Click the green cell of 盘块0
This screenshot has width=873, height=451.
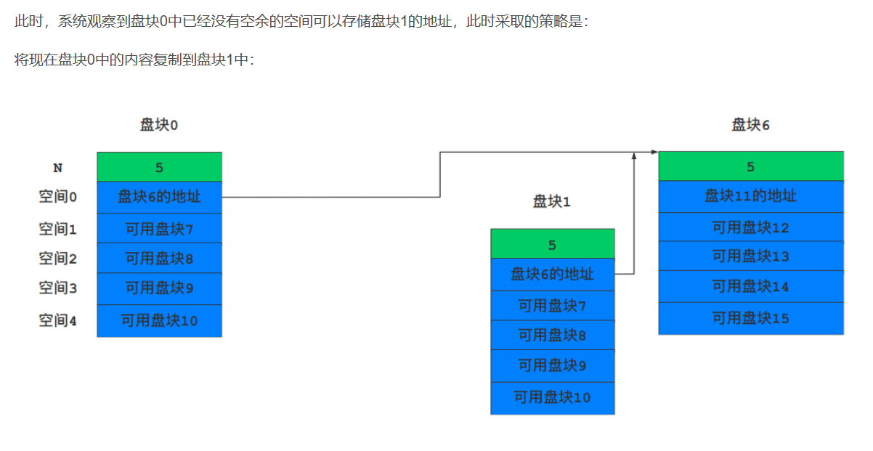tap(159, 167)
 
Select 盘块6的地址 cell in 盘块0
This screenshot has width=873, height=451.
tap(159, 197)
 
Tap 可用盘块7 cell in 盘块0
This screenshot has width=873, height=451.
tap(159, 229)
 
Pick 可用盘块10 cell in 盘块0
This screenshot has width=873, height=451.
tap(159, 320)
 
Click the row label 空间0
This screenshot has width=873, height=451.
tap(57, 197)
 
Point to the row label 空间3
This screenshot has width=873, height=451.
tap(57, 288)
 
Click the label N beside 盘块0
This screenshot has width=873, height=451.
tap(58, 168)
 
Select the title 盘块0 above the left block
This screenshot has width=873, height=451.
tap(159, 125)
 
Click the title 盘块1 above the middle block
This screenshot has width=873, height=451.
tap(552, 202)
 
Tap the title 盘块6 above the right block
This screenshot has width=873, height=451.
tap(750, 125)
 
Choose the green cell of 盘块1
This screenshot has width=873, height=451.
tap(552, 244)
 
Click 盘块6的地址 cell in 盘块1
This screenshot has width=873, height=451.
tap(552, 274)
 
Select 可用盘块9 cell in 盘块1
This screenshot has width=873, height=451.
tap(552, 365)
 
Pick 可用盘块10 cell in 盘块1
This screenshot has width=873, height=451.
tap(552, 397)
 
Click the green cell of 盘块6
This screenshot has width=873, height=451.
tap(750, 166)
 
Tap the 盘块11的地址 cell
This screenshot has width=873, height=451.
tap(750, 196)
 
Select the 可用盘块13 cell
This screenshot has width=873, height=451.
tap(750, 256)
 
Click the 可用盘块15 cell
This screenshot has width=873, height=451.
tap(750, 318)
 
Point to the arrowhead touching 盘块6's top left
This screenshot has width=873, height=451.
tap(654, 153)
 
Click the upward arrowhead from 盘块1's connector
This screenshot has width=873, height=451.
tap(634, 156)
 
